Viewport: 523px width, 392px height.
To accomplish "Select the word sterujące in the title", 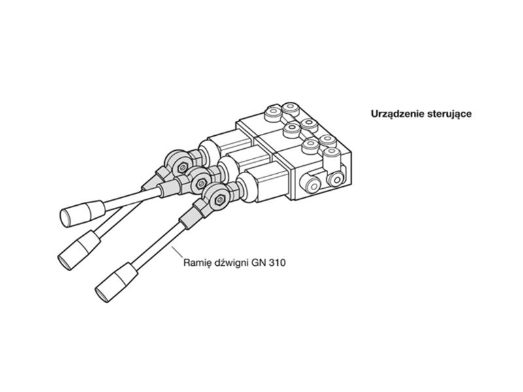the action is pyautogui.click(x=448, y=114).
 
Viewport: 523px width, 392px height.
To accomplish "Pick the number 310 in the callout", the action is pyautogui.click(x=277, y=263).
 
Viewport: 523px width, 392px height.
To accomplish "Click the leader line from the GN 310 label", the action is pyautogui.click(x=177, y=252).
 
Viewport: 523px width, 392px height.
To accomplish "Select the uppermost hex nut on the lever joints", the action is pyautogui.click(x=182, y=168).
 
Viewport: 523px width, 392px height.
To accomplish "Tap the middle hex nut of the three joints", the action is pyautogui.click(x=201, y=183).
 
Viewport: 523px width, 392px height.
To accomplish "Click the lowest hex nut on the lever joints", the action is pyautogui.click(x=220, y=200).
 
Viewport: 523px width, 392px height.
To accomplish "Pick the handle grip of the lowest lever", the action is pyautogui.click(x=116, y=282).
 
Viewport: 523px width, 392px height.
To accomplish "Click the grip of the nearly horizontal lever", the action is pyautogui.click(x=82, y=214).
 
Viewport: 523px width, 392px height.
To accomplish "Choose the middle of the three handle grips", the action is pyautogui.click(x=79, y=250).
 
